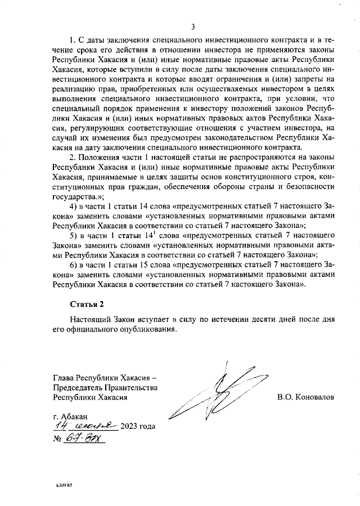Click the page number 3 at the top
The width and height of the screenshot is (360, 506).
click(193, 26)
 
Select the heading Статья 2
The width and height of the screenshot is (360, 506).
click(87, 304)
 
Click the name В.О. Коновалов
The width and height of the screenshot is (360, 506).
click(305, 397)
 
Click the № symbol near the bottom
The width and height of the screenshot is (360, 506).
click(57, 439)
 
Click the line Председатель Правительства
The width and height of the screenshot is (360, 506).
click(105, 387)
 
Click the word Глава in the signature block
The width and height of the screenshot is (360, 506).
click(63, 378)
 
